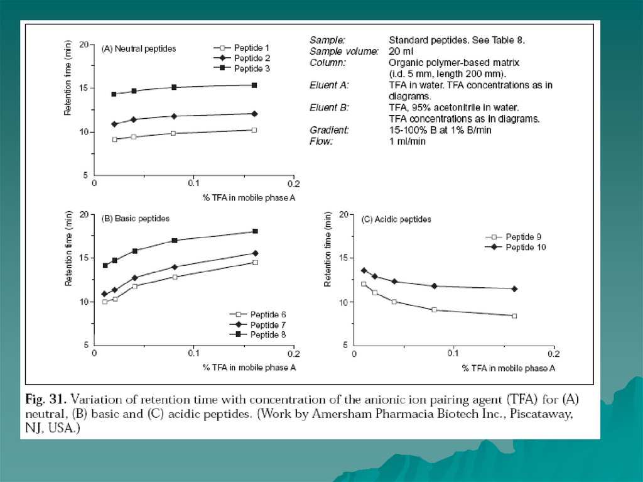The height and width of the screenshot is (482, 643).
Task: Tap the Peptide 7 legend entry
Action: pyautogui.click(x=268, y=324)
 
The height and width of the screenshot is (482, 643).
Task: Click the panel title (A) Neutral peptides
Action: pyautogui.click(x=139, y=48)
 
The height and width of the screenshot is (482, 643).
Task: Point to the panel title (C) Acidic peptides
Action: pyautogui.click(x=396, y=219)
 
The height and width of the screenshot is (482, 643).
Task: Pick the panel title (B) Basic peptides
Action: pyautogui.click(x=136, y=219)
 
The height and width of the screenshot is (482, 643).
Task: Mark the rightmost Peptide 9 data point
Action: pyautogui.click(x=514, y=315)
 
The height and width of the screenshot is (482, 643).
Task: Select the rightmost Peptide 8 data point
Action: pyautogui.click(x=255, y=231)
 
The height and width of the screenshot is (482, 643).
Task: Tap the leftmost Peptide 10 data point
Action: pyautogui.click(x=364, y=270)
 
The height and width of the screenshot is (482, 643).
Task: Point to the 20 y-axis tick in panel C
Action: pyautogui.click(x=343, y=214)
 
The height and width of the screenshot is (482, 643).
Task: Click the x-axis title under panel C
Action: pyautogui.click(x=509, y=368)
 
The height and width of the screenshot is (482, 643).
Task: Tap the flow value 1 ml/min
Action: pyautogui.click(x=408, y=141)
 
